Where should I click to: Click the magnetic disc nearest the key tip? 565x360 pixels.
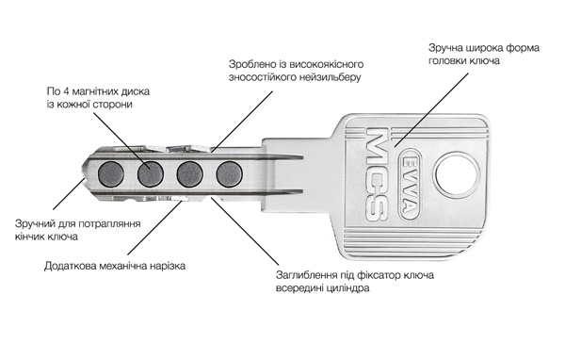pos(111,173)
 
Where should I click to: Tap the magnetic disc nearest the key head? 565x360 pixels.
pos(229,173)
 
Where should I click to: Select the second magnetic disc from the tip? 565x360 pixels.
pos(151,173)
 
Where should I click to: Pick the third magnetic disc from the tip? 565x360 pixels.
pos(190,173)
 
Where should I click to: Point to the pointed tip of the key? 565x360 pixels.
pos(84,172)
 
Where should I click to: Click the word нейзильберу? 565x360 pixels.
pos(331,77)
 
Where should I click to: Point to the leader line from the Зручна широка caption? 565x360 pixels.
pos(431,109)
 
